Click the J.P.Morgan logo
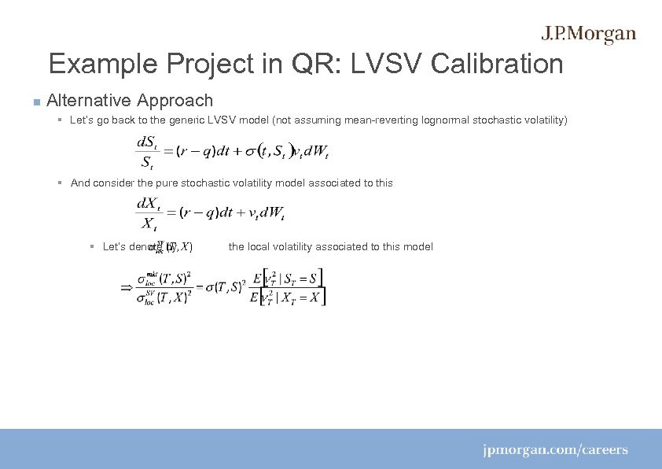coord(588,35)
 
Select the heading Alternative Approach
coord(130,100)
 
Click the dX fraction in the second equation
coord(148,214)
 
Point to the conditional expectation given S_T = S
coord(287,279)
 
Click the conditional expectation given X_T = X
coord(287,297)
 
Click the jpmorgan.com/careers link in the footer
coord(555,450)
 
